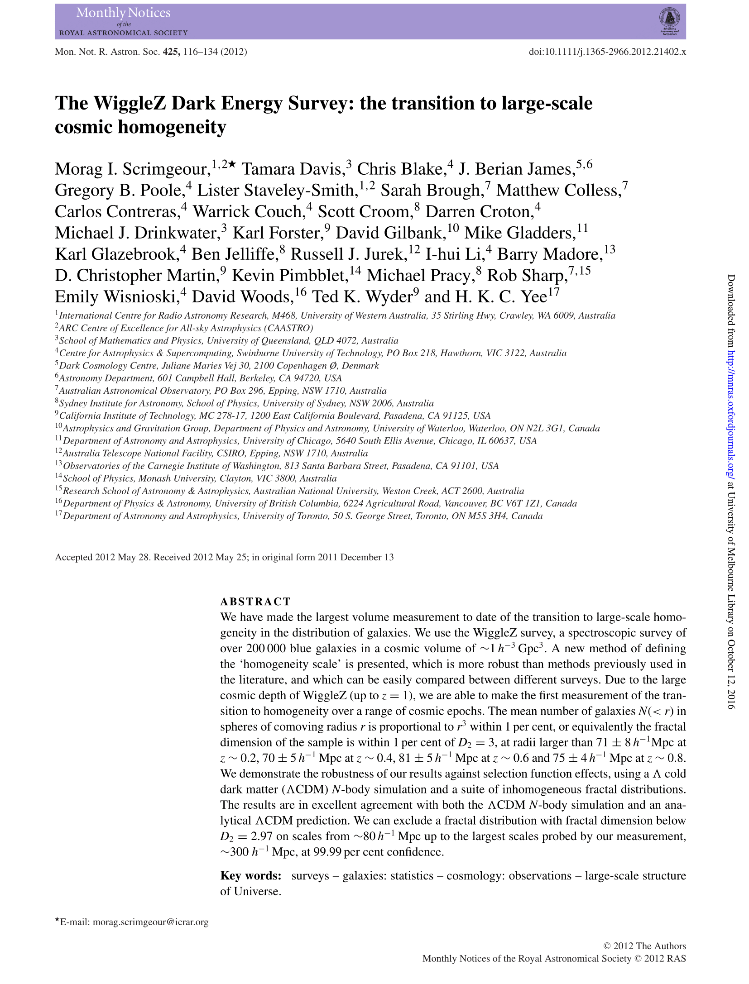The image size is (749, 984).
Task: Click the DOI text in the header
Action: [x=607, y=52]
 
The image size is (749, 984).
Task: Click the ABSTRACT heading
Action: [x=255, y=602]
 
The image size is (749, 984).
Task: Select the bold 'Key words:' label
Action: [x=251, y=876]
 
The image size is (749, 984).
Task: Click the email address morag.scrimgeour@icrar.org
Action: [x=150, y=922]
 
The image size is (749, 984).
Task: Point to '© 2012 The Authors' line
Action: [x=645, y=946]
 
